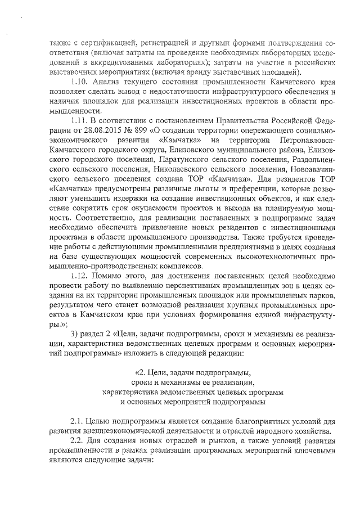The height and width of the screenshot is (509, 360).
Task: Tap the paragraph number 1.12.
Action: [79, 276]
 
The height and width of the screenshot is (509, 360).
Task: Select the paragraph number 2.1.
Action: [76, 422]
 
